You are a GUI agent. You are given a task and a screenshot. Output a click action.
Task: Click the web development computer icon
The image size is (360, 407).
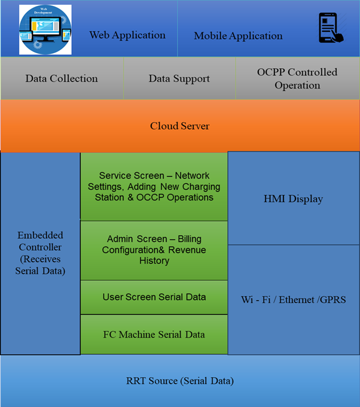(x=45, y=30)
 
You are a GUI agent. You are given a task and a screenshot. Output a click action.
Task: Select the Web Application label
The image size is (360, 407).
(x=127, y=35)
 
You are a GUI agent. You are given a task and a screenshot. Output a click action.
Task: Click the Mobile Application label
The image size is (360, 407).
(x=238, y=36)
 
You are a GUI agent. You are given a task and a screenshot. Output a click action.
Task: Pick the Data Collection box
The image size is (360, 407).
(x=62, y=78)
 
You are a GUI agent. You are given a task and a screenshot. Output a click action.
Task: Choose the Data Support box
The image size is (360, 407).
(x=179, y=78)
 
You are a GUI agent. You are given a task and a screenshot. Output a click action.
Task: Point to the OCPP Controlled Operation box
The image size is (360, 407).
(x=297, y=78)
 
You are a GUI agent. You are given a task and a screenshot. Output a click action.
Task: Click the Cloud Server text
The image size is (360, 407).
(x=179, y=126)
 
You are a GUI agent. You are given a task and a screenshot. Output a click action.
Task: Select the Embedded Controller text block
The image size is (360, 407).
(x=40, y=253)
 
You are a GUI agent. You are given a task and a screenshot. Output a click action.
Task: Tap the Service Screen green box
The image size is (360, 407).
(x=154, y=186)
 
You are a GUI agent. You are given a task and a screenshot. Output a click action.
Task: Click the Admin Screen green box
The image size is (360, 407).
(x=154, y=250)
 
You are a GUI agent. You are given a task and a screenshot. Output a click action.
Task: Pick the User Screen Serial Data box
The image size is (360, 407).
(x=154, y=297)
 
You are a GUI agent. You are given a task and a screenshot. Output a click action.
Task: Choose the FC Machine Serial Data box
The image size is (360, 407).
(x=154, y=334)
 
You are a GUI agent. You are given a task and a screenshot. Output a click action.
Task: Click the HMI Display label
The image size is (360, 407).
(x=293, y=199)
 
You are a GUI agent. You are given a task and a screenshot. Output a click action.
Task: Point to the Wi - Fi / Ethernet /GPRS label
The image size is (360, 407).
(x=293, y=299)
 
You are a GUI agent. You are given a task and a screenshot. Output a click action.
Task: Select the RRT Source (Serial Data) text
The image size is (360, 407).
(x=179, y=381)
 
